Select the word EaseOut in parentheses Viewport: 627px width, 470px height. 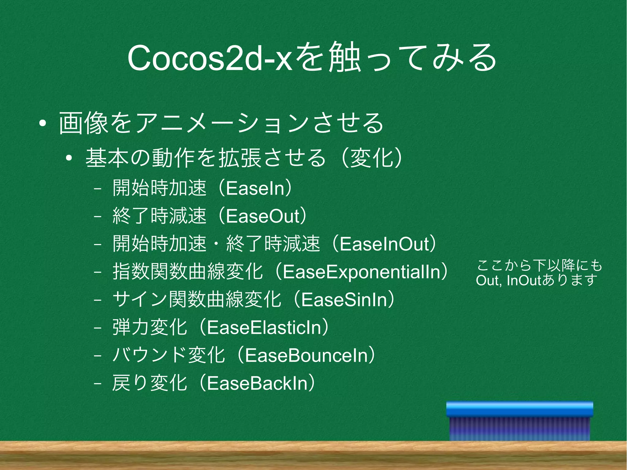263,216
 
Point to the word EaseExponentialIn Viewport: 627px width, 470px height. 361,272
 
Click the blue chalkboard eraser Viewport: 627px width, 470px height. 520,421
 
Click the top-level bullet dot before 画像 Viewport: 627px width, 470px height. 43,124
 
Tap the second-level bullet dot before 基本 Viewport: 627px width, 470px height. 69,158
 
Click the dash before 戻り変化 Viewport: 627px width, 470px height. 98,383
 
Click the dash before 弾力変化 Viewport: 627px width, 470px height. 98,328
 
